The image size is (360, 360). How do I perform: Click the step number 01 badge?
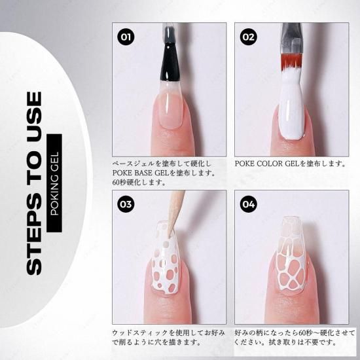[126, 37]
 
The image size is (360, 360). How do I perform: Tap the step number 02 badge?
[249, 37]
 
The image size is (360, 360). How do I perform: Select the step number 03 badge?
[126, 204]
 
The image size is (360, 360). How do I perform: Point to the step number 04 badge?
[249, 204]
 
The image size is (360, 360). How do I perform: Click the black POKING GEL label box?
[54, 183]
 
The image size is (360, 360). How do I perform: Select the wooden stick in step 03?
[177, 213]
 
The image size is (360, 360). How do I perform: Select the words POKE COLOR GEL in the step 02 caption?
[267, 164]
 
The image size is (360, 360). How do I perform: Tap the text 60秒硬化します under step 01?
[139, 182]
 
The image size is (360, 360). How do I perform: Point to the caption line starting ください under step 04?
[285, 342]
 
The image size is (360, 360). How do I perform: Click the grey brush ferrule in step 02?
[291, 39]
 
